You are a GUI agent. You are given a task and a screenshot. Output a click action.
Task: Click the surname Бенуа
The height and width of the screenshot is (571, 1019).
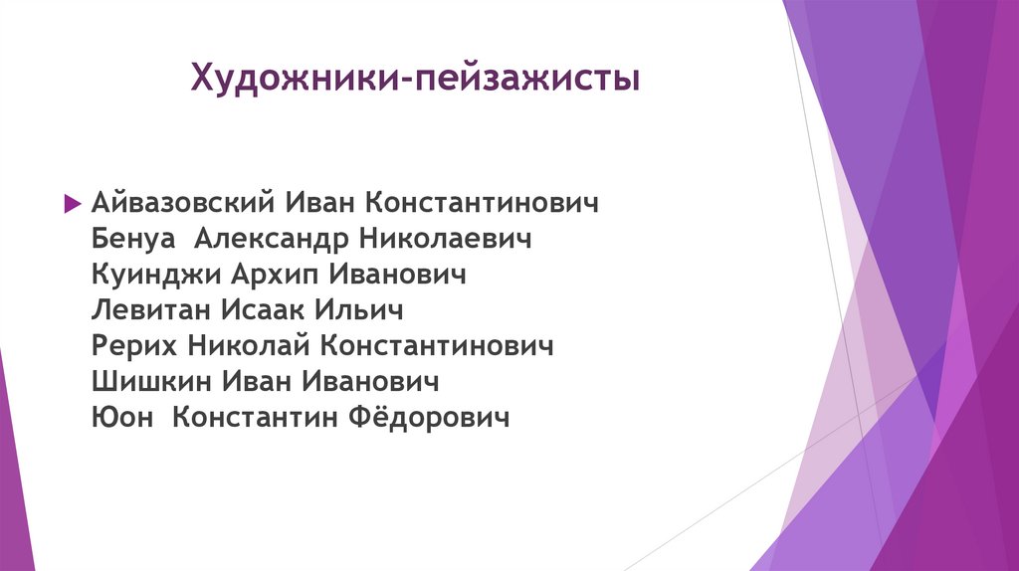[133, 240]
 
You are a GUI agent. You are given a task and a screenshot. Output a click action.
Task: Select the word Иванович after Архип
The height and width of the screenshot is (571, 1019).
[397, 276]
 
